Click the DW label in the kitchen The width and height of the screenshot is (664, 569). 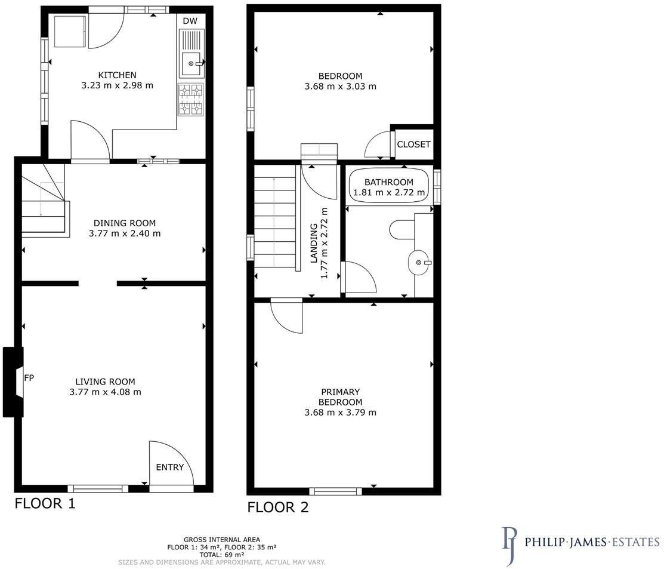[190, 21]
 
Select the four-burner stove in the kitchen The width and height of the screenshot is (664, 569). [191, 99]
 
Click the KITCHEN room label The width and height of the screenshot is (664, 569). [117, 75]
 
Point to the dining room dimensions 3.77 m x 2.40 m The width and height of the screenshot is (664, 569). [124, 233]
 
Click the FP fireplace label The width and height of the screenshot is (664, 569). [29, 378]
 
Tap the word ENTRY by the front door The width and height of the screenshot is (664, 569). [170, 467]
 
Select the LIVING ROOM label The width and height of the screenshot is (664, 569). [105, 382]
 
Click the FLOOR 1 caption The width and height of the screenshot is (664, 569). [45, 503]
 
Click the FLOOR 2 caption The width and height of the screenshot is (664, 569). [278, 508]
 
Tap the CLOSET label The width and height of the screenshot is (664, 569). [413, 144]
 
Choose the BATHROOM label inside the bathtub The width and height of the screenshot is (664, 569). [389, 182]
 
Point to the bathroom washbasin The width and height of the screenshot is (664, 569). [419, 263]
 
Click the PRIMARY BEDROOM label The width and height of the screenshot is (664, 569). [341, 397]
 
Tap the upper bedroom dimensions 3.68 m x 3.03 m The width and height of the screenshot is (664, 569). [340, 86]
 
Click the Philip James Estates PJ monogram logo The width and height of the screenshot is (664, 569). [509, 545]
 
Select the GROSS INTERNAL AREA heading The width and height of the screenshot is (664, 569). [221, 539]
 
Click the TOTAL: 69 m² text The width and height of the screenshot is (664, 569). [221, 553]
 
